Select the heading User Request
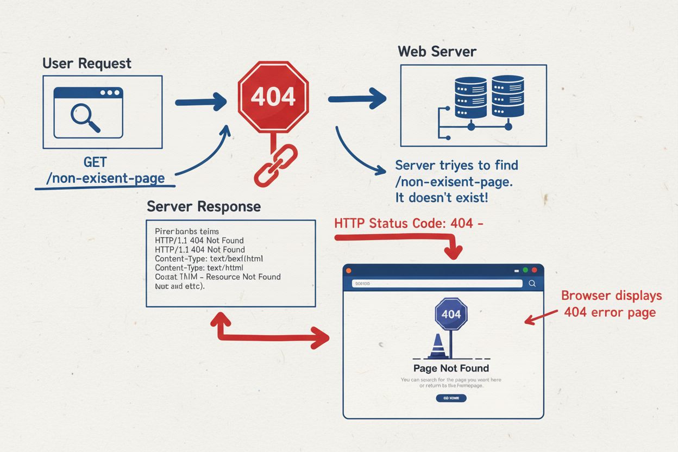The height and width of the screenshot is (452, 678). click(x=87, y=63)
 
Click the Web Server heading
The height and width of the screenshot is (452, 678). click(x=437, y=52)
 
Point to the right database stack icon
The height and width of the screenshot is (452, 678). click(x=507, y=96)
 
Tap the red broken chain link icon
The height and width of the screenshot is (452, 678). click(x=275, y=166)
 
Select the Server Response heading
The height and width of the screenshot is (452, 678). click(x=203, y=207)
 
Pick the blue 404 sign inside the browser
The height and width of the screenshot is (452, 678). click(x=451, y=314)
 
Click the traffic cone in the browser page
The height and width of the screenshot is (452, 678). click(x=437, y=347)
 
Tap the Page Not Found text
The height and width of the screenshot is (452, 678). click(x=451, y=368)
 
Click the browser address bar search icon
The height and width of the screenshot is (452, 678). click(x=532, y=283)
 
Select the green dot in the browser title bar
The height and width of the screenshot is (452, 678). click(x=525, y=270)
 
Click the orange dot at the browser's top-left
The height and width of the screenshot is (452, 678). click(x=349, y=270)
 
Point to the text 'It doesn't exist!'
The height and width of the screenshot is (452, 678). click(x=441, y=198)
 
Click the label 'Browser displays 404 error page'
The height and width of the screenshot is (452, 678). click(x=611, y=304)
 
